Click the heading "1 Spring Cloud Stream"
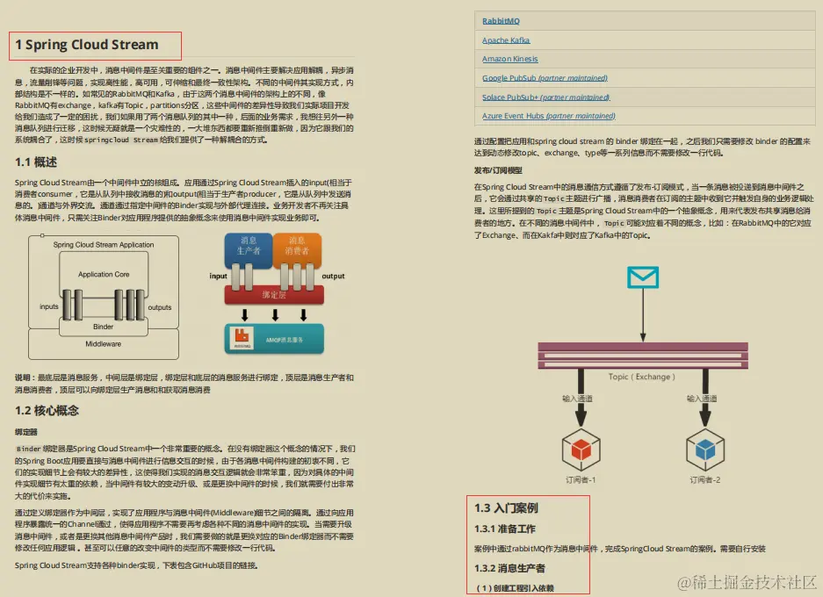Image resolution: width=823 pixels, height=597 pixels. click(87, 45)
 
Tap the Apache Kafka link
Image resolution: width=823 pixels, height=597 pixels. click(506, 40)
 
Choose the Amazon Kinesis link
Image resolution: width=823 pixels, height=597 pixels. click(510, 59)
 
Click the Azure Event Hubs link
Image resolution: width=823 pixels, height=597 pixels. click(548, 116)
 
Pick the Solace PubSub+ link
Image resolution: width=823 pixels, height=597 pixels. click(545, 97)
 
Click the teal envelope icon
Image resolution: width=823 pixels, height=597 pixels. click(643, 277)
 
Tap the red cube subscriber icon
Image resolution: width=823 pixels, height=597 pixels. click(581, 449)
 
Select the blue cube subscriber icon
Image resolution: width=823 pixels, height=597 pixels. click(704, 449)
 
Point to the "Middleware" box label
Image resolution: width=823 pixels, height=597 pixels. click(104, 344)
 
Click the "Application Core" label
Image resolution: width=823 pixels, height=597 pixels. click(104, 275)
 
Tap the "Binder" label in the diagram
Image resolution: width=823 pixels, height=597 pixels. click(104, 327)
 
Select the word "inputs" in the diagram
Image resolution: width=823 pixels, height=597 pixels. click(49, 307)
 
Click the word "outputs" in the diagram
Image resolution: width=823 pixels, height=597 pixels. click(159, 307)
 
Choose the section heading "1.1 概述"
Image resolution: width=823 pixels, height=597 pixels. click(36, 162)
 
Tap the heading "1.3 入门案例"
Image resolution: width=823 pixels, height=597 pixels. click(506, 508)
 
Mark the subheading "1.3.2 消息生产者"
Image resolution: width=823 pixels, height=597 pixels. click(509, 569)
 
